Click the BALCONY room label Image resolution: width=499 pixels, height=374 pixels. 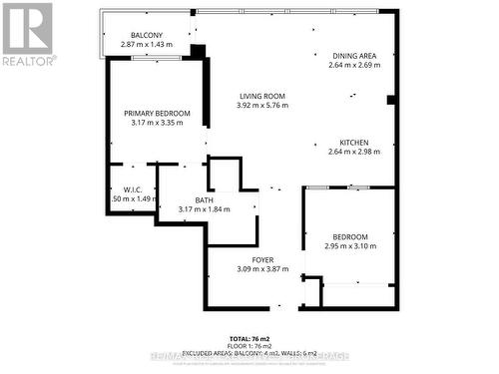[147, 36]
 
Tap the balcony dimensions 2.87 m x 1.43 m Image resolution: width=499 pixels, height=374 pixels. [147, 45]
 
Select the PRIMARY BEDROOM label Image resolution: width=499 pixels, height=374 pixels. [157, 114]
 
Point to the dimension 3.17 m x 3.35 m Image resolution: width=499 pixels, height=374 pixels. [157, 123]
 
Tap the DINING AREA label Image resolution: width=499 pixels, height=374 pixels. [354, 57]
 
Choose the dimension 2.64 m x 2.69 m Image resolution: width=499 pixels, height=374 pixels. [354, 66]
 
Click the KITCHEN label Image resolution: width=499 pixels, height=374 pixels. [354, 143]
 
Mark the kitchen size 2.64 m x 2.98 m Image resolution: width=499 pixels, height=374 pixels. [354, 152]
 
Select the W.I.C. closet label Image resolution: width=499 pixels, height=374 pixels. [132, 190]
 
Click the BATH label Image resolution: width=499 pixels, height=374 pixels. [204, 200]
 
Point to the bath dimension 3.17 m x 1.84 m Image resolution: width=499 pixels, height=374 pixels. [204, 209]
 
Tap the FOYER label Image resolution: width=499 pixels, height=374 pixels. [262, 260]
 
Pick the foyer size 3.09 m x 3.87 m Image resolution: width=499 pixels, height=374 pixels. [262, 269]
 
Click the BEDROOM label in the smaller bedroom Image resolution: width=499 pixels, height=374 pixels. [350, 237]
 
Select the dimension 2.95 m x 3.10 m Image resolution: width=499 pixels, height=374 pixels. [350, 246]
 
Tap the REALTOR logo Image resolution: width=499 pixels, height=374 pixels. [27, 34]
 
